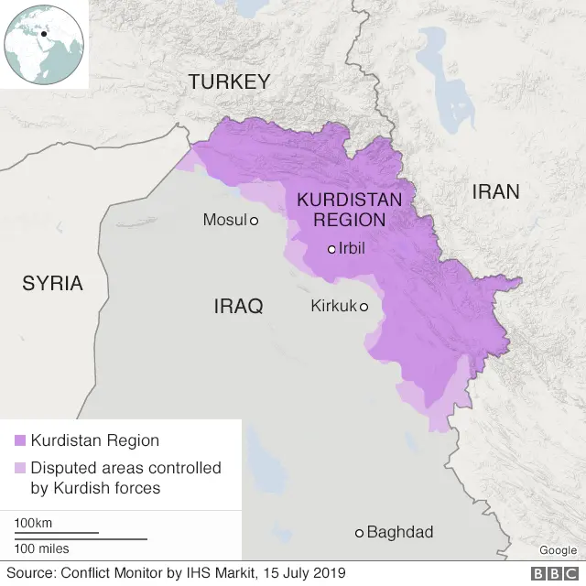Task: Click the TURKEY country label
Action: [229, 81]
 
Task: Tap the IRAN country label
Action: [495, 191]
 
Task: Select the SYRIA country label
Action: [52, 283]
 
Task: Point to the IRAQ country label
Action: [238, 306]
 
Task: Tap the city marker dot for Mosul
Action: [254, 221]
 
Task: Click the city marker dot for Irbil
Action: [332, 249]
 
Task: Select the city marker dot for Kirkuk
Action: [364, 307]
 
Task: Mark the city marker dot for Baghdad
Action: [360, 533]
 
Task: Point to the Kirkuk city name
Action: [332, 306]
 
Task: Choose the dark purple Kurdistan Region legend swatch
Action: [19, 440]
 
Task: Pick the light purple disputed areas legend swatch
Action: [19, 468]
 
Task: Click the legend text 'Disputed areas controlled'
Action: [125, 468]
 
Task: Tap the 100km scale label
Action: [32, 522]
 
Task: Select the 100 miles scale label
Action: [41, 548]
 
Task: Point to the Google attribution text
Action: [558, 550]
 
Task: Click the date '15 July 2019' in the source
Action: [304, 573]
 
